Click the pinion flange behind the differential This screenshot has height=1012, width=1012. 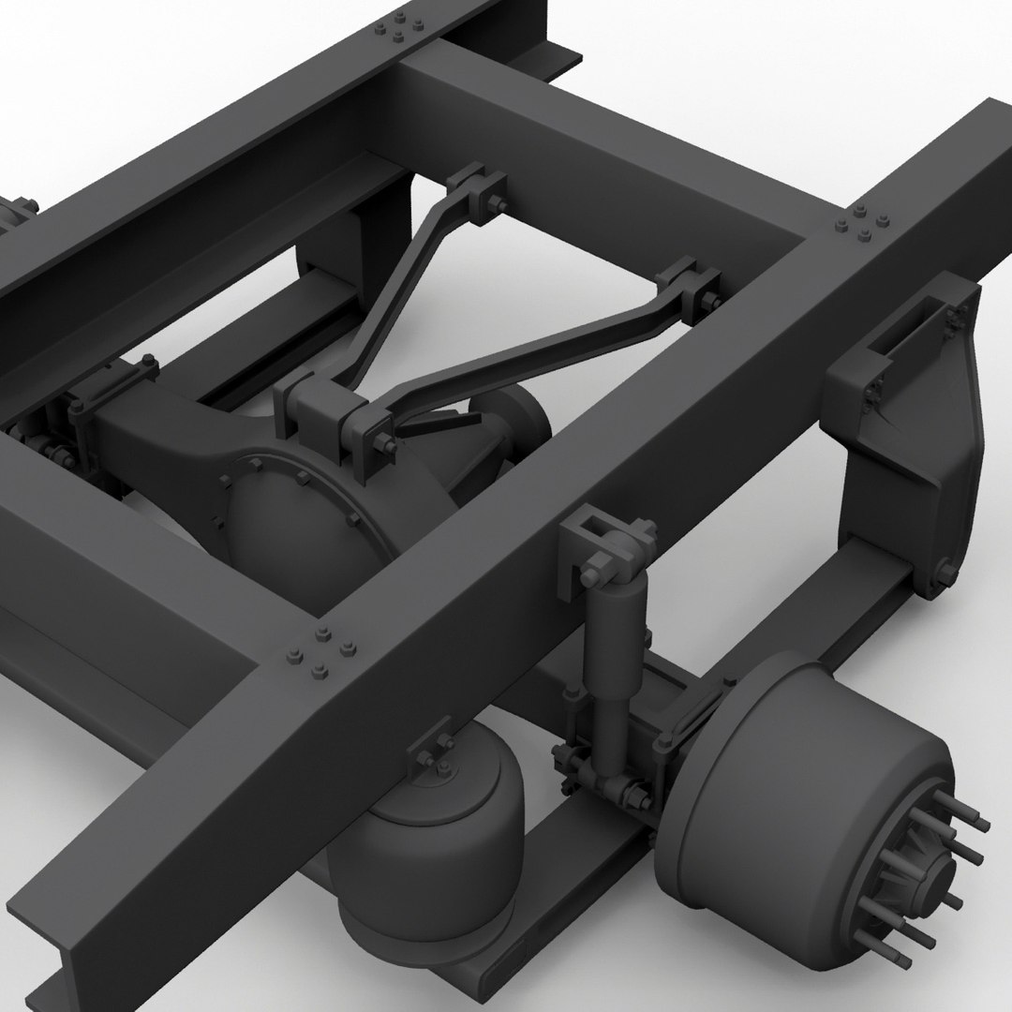(x=511, y=422)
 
